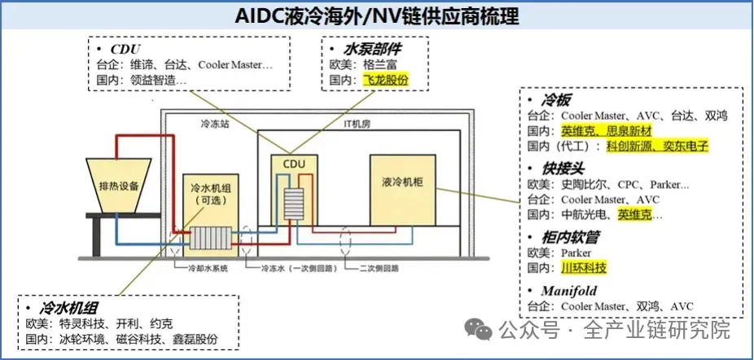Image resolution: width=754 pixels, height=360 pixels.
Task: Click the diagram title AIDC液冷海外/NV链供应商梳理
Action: (x=376, y=15)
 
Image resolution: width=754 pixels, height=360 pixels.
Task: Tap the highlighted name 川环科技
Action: (x=584, y=267)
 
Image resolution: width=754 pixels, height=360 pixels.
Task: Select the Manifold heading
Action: (x=569, y=290)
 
